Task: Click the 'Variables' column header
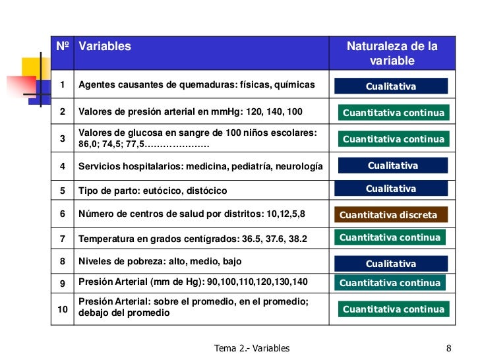tap(105, 47)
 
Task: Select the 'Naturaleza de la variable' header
tap(392, 53)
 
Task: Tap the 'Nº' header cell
tap(63, 47)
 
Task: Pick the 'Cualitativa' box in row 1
tap(391, 86)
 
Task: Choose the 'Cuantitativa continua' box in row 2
tap(394, 113)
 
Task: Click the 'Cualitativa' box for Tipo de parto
tap(391, 189)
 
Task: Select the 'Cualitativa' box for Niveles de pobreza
tap(391, 264)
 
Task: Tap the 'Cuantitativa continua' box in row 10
tap(394, 309)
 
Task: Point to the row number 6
tap(63, 214)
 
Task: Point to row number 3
tap(63, 138)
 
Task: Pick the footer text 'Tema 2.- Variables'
tap(252, 348)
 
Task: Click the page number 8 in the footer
tap(448, 348)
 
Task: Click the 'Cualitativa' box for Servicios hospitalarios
tap(392, 165)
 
